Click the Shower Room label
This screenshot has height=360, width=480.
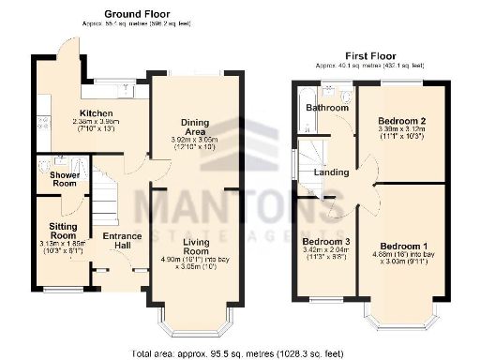[x=58, y=179]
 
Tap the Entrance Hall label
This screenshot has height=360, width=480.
[x=122, y=241]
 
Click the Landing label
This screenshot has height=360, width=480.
[x=332, y=172]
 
